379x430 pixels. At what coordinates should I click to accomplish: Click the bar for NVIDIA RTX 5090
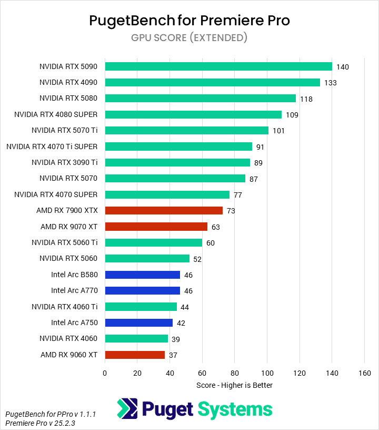[x=218, y=66]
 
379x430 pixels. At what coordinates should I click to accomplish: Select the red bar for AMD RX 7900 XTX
[x=164, y=210]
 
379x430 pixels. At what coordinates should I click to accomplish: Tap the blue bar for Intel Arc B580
[x=142, y=275]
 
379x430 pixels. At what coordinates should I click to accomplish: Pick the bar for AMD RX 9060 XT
[x=135, y=355]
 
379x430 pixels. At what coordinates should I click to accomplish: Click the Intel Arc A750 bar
[x=138, y=322]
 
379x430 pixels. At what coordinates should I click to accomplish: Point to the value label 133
[x=330, y=83]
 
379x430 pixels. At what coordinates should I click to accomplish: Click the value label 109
[x=292, y=115]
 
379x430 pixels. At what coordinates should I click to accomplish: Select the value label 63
[x=215, y=227]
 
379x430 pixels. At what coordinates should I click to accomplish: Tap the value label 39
[x=176, y=339]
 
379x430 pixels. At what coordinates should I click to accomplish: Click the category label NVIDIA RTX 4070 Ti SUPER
[x=52, y=146]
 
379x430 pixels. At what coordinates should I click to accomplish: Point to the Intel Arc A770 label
[x=74, y=290]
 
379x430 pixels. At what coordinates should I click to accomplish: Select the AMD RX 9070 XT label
[x=69, y=227]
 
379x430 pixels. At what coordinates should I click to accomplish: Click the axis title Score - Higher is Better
[x=234, y=385]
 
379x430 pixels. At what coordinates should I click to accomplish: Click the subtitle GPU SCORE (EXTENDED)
[x=189, y=37]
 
